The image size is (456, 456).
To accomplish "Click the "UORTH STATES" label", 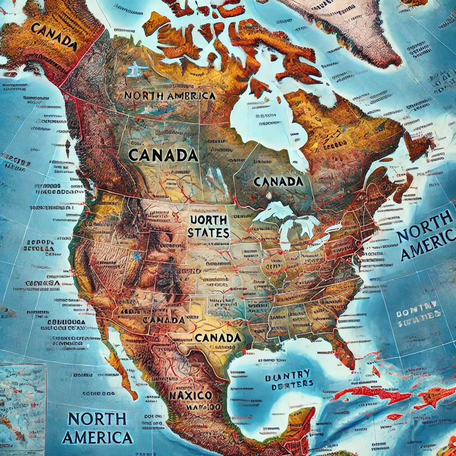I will point(208,226).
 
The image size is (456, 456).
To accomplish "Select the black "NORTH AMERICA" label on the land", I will point(170,95).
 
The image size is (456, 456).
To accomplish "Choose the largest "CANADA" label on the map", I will point(163,155).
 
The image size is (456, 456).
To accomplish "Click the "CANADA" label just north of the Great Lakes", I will point(278,181).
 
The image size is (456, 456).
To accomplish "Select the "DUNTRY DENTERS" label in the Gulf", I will point(289,379).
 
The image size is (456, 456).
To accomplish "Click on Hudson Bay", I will point(263,120).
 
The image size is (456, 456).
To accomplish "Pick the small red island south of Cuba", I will point(394,417).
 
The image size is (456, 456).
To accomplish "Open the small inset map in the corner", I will point(22,401).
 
